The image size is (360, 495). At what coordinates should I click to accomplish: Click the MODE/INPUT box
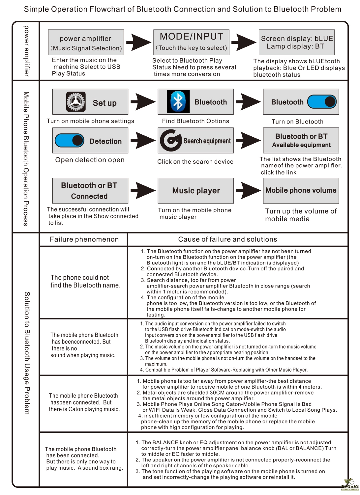point(191,42)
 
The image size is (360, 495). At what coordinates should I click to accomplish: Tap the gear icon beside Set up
point(76,102)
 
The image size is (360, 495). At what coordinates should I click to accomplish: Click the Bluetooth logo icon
point(178,102)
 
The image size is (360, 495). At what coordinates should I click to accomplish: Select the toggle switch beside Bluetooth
point(322,102)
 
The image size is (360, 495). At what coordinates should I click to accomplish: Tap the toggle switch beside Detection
point(70,141)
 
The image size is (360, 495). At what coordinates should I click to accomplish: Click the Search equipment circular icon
point(170,140)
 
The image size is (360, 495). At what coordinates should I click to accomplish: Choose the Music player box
point(195,191)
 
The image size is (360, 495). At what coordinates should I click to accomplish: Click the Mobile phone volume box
point(301,190)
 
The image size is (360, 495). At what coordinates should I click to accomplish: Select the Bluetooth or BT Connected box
point(90,191)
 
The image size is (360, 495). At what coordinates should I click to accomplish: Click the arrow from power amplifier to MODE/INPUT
point(139,42)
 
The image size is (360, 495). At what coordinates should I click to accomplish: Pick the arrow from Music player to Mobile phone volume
point(248,190)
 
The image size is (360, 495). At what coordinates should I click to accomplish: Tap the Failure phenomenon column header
point(84,239)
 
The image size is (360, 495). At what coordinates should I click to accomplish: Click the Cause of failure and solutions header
point(227,239)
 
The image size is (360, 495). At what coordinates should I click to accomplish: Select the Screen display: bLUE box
point(296,42)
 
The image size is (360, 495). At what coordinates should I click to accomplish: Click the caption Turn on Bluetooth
point(297,122)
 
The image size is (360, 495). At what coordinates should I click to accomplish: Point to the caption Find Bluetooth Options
point(195,121)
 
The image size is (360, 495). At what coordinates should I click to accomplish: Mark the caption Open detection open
point(90,160)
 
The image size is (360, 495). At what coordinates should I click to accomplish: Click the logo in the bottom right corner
point(350,484)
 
